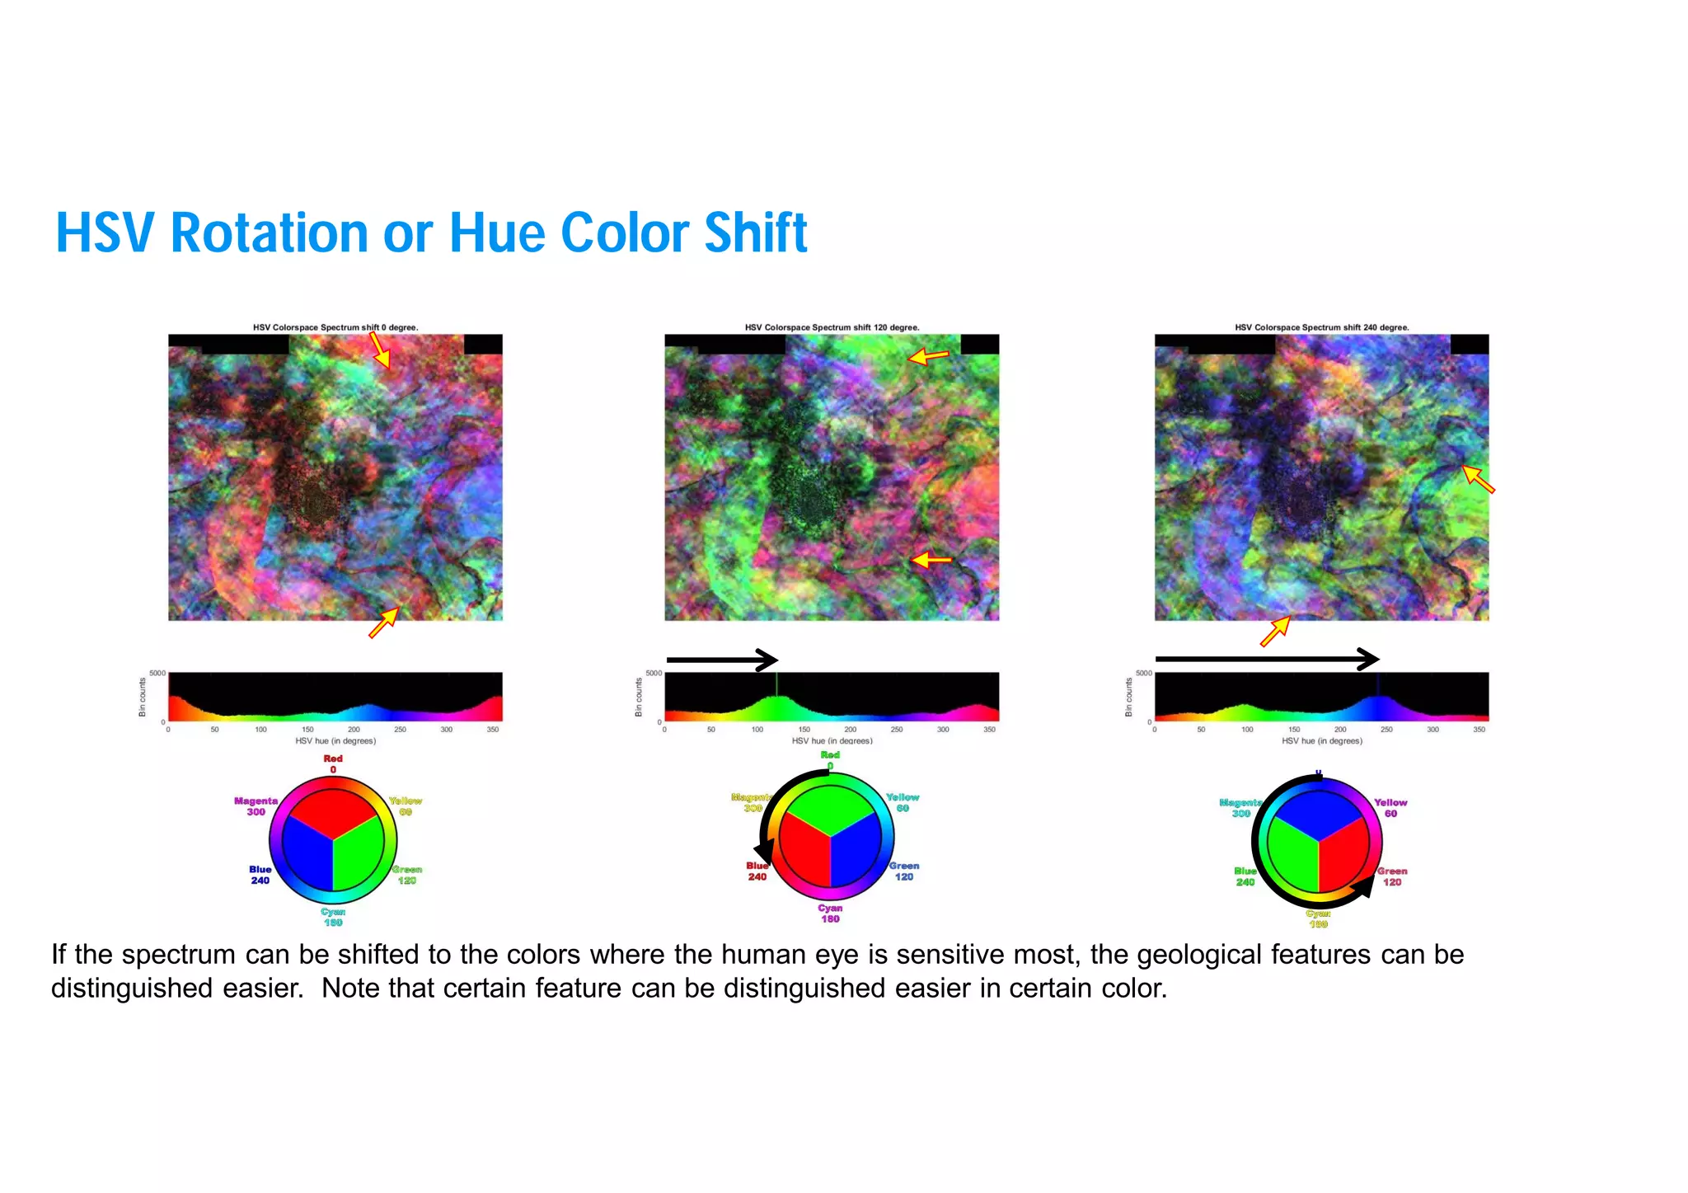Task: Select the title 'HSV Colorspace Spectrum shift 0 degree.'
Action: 335,327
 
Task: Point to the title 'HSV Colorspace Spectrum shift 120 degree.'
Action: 832,327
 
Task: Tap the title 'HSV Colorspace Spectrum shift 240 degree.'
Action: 1321,327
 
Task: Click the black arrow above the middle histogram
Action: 722,660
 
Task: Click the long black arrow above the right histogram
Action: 1267,659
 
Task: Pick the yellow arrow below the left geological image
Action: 384,622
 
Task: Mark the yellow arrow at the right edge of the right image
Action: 1478,479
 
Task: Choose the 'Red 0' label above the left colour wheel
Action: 333,763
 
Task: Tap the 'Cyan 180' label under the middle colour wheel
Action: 830,913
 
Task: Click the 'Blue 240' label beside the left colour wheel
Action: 260,875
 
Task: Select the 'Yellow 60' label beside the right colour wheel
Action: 1390,808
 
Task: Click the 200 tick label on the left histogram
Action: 354,730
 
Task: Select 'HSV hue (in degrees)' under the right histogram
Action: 1321,741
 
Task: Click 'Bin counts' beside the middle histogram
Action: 638,697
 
